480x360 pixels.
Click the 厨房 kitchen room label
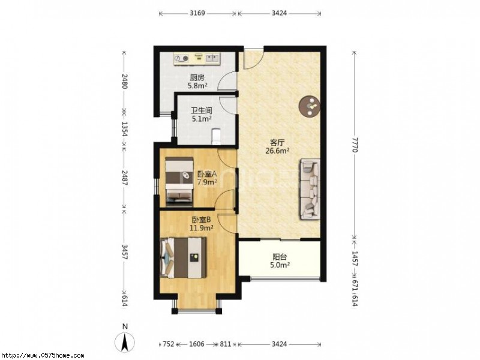(197, 77)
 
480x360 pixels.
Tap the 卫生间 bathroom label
(202, 110)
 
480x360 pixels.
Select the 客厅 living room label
(278, 142)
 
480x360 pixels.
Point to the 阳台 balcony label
(280, 257)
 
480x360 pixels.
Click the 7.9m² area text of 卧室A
(207, 182)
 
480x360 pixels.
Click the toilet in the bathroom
(216, 136)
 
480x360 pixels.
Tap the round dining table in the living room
(310, 106)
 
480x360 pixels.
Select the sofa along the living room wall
(310, 189)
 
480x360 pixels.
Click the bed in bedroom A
(179, 181)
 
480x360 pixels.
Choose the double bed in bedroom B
(183, 258)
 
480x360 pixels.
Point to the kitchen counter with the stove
(197, 59)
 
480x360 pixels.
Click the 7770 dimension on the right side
(355, 145)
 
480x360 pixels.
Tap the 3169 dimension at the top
(197, 13)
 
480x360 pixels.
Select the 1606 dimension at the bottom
(197, 344)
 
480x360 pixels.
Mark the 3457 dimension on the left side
(125, 251)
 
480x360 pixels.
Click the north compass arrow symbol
(125, 341)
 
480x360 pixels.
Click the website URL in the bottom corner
(42, 356)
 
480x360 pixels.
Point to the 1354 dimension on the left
(125, 129)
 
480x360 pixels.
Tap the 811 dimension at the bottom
(226, 344)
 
